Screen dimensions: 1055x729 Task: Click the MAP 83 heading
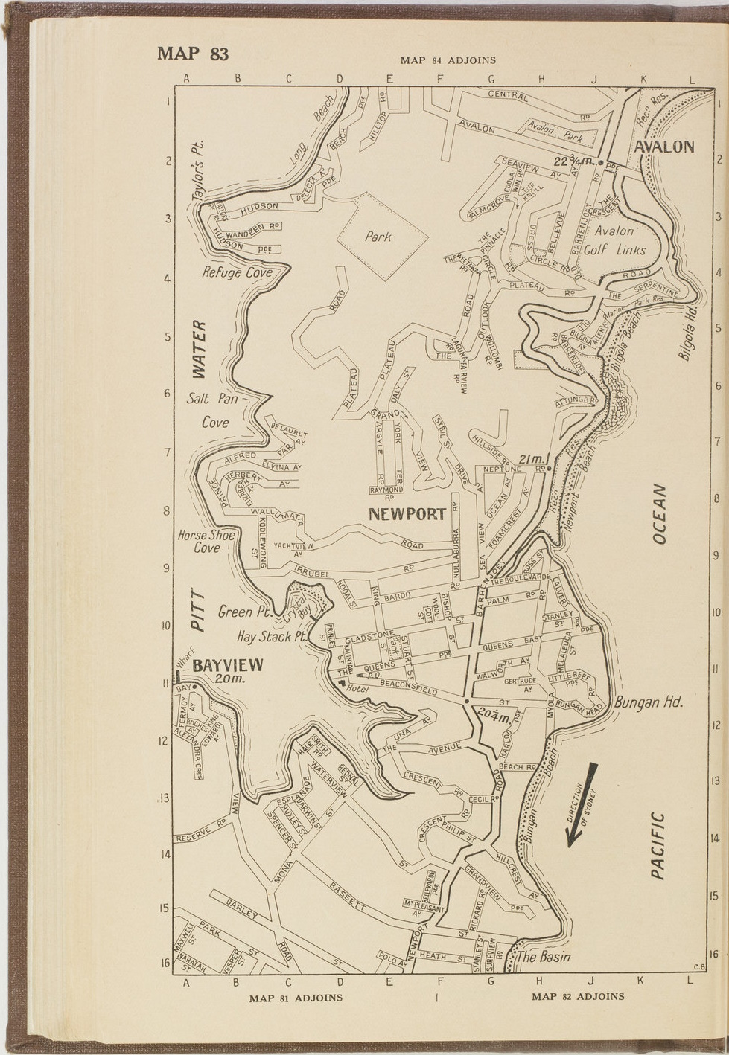(192, 54)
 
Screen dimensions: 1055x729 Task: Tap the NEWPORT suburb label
(407, 514)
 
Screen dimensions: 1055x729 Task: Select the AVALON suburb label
(663, 147)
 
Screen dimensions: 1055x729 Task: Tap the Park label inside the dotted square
(378, 237)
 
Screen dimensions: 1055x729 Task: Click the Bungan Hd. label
(649, 702)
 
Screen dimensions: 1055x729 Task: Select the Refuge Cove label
(237, 273)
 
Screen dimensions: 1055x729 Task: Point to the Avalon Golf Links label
(614, 241)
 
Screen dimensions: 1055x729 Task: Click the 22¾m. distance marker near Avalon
(572, 161)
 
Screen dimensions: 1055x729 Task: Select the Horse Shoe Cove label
(206, 542)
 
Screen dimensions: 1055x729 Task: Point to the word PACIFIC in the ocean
(657, 845)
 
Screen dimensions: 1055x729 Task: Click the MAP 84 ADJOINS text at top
(448, 60)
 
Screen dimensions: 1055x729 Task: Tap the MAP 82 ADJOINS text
(578, 996)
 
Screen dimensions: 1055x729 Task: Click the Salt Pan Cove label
(213, 410)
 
